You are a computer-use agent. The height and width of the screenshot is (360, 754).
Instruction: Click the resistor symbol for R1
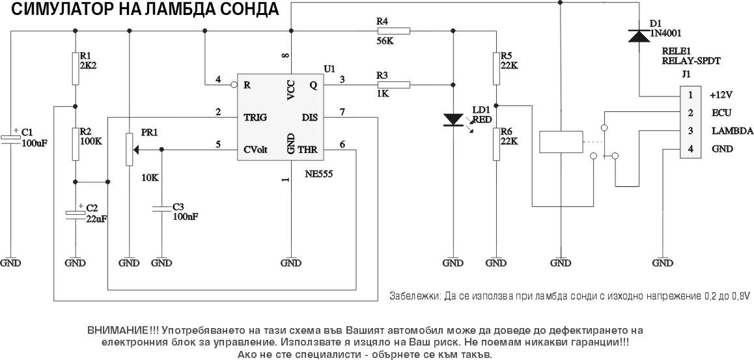click(76, 69)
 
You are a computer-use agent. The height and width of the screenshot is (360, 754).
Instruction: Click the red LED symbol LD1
click(453, 120)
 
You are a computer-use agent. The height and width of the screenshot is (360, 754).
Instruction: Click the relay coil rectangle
click(559, 143)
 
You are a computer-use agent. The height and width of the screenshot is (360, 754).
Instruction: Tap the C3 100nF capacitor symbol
click(161, 208)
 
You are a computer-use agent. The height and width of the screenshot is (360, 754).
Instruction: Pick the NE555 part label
click(320, 175)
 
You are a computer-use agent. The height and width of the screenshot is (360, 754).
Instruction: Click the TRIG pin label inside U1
click(255, 117)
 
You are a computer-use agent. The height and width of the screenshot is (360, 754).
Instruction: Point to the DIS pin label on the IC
click(309, 117)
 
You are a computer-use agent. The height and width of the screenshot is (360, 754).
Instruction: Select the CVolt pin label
click(255, 149)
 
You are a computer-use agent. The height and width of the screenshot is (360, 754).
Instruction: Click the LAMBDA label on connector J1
click(733, 131)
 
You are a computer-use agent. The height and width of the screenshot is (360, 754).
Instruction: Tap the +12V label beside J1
click(722, 94)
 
